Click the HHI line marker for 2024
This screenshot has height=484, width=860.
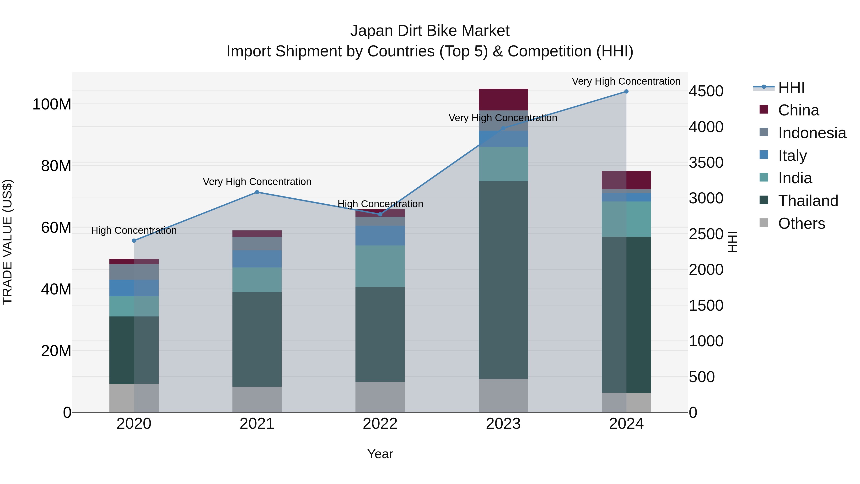[x=626, y=92]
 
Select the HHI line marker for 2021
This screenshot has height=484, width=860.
[x=257, y=192]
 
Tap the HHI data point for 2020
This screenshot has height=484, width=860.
[x=134, y=240]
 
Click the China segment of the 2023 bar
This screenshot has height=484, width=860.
[x=503, y=99]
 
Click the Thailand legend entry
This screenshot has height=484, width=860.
[x=808, y=201]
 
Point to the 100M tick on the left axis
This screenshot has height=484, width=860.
[x=52, y=104]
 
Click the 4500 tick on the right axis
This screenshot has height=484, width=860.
[x=706, y=91]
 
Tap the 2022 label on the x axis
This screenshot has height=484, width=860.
[x=380, y=424]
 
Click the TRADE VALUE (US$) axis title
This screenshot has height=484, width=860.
[x=8, y=242]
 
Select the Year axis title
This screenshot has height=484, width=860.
[x=380, y=454]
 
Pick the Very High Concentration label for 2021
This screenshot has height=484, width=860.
[x=257, y=182]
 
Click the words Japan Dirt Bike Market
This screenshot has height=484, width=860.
[x=430, y=31]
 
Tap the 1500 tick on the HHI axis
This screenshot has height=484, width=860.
[x=706, y=305]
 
